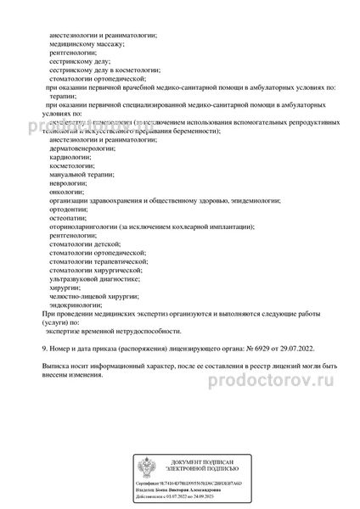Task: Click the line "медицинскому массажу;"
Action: [88, 40]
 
